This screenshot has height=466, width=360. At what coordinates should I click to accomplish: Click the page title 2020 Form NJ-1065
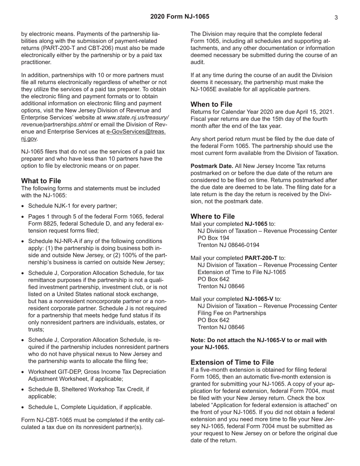point(180,17)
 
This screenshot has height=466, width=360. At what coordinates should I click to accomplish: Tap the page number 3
point(336,17)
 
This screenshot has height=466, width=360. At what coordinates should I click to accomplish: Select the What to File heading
point(41,181)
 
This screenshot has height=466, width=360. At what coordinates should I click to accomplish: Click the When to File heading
point(211,104)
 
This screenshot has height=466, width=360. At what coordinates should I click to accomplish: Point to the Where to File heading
point(213,216)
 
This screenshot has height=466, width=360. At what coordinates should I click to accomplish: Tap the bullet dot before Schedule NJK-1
point(23,206)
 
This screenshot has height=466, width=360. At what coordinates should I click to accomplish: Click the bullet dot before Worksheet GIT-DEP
point(23,372)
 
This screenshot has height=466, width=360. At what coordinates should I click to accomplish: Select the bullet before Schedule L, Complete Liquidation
point(23,407)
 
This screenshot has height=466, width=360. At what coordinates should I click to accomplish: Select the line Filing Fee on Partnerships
point(232,313)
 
